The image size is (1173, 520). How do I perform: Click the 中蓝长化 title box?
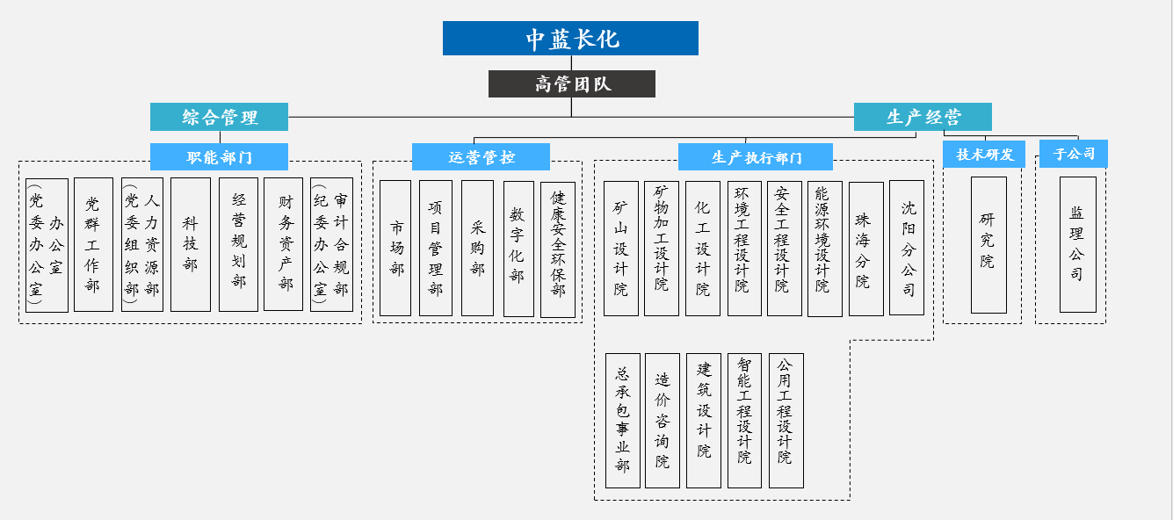point(570,39)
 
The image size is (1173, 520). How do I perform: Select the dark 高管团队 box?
point(572,83)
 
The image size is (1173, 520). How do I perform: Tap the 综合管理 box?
point(219,117)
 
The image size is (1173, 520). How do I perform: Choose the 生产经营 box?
point(923,117)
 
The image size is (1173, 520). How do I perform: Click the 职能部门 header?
point(219,156)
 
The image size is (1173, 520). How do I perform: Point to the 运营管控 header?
point(481,156)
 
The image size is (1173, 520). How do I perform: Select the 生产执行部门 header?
point(755,156)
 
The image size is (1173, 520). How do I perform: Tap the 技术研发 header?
point(984,154)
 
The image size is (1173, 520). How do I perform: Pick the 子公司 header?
point(1074,154)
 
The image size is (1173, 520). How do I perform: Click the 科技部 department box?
point(191,244)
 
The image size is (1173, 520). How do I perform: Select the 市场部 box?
point(395,249)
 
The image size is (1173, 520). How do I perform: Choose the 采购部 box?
point(478,249)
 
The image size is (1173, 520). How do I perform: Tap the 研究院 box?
point(988,245)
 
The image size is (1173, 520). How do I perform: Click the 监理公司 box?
point(1078,244)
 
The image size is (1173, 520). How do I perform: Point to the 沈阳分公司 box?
point(907,248)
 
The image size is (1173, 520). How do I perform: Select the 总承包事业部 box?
point(623,421)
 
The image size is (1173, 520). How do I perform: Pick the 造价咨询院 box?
point(663,421)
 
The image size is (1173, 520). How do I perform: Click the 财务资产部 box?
point(283,244)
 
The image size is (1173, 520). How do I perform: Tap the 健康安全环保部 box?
point(558,249)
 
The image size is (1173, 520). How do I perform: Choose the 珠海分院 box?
point(866,249)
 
